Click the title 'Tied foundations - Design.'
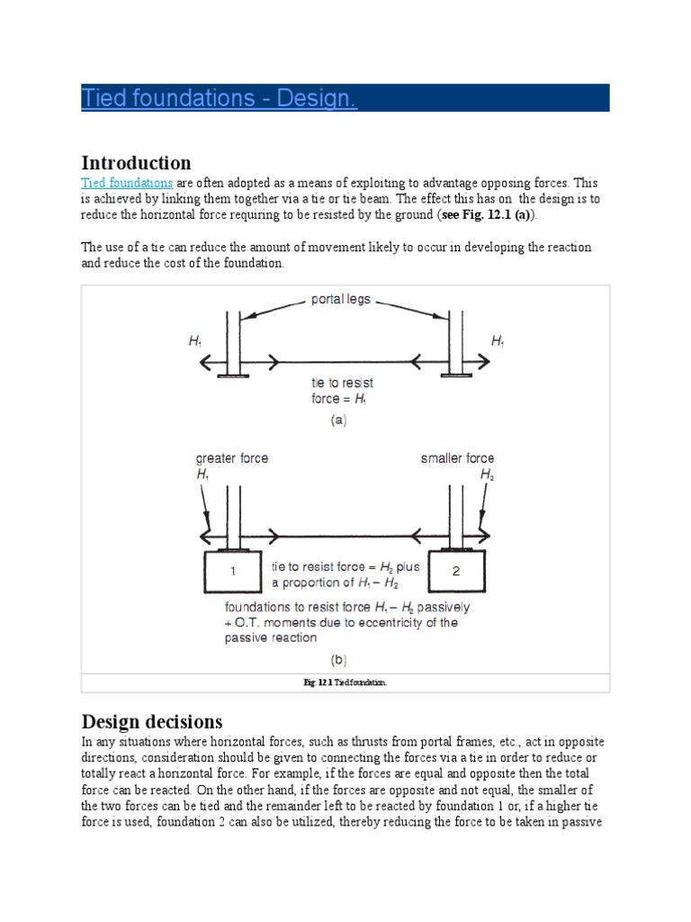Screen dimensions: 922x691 220,97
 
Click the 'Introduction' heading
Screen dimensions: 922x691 136,163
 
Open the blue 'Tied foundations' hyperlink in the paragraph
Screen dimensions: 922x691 127,182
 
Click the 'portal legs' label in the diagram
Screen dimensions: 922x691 341,299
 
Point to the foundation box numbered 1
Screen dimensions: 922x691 233,570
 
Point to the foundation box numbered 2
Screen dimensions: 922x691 456,570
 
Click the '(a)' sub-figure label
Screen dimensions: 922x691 338,420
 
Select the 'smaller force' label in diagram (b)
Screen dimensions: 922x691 457,458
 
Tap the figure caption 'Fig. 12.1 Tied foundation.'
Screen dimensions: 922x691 345,683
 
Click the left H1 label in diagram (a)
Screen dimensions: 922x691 195,341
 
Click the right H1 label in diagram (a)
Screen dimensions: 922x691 498,341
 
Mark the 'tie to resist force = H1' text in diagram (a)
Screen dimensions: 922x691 342,391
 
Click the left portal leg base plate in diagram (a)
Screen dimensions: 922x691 232,375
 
